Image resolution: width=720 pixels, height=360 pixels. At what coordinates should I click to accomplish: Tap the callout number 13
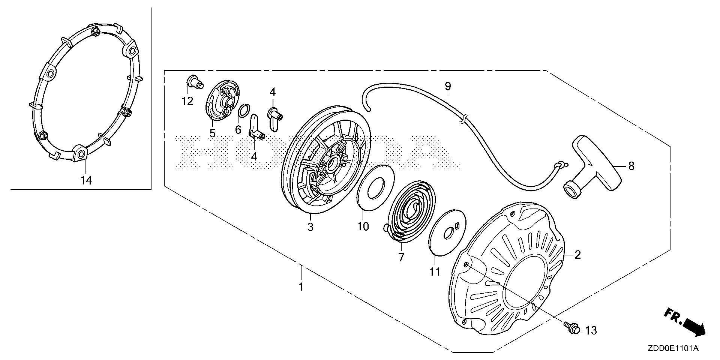tap(591, 331)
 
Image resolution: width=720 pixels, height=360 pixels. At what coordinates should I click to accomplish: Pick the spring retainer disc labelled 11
tap(447, 232)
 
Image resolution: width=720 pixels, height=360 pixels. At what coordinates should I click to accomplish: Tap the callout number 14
tap(86, 181)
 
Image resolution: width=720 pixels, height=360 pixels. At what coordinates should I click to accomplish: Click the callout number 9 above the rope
tap(448, 86)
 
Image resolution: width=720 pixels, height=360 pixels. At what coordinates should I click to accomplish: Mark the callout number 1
tap(301, 287)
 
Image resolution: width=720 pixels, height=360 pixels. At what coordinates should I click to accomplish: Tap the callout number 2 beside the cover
tap(577, 255)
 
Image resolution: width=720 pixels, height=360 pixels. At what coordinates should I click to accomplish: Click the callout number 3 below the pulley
tap(310, 227)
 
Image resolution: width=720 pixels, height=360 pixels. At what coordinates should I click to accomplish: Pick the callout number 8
tap(631, 166)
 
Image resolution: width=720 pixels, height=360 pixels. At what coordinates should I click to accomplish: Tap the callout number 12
tap(187, 101)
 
